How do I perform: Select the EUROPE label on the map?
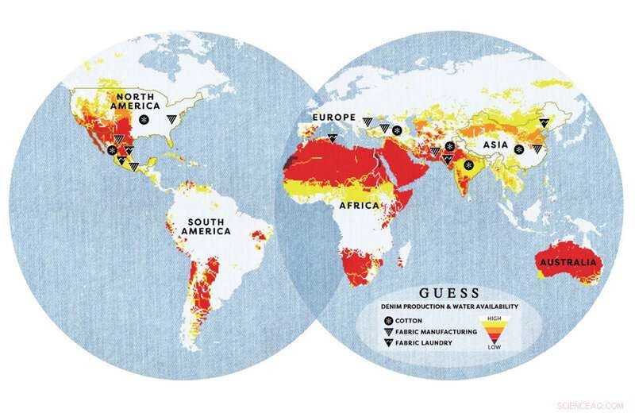click(333, 118)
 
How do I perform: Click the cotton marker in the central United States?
click(144, 120)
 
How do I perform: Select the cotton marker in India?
click(469, 165)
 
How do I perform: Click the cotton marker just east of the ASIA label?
click(518, 149)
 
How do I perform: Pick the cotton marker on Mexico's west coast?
click(113, 149)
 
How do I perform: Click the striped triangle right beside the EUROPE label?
click(368, 121)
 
